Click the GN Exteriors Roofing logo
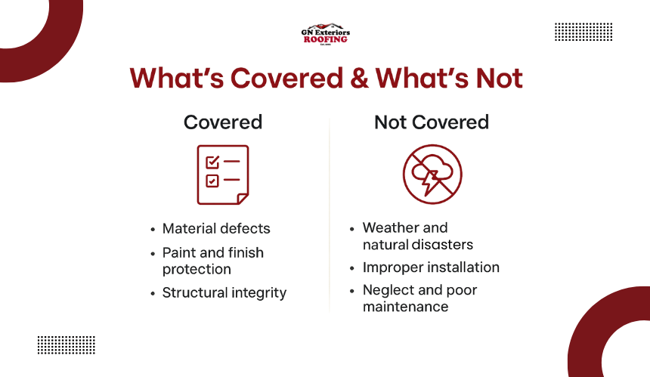click(326, 34)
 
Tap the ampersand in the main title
click(359, 78)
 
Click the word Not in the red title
click(499, 78)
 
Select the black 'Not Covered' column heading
click(432, 122)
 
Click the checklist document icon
click(223, 175)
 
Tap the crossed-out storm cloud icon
click(432, 174)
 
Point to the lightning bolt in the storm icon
click(430, 182)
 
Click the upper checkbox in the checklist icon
click(212, 162)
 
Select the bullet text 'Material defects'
click(216, 228)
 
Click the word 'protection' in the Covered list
click(197, 269)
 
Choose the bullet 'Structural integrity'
click(224, 293)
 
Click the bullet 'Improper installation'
click(431, 267)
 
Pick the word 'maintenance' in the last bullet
click(405, 307)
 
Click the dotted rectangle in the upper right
click(583, 32)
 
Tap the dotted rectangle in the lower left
click(67, 345)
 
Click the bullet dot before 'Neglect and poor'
click(352, 291)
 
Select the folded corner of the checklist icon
click(243, 199)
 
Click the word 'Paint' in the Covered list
click(178, 252)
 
